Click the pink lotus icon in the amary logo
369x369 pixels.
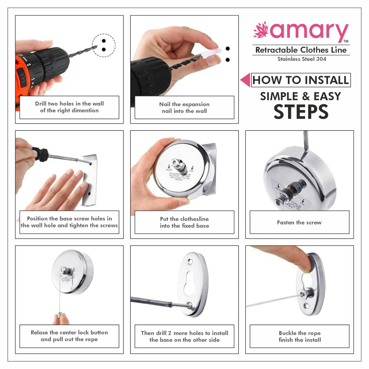[x=261, y=30]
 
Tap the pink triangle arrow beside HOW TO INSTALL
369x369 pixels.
[x=245, y=80]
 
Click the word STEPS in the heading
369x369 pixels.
[x=301, y=112]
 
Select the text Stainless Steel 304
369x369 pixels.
[x=302, y=59]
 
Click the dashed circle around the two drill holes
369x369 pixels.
[x=104, y=45]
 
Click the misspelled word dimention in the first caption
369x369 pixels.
[x=84, y=110]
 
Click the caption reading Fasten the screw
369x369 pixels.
[x=299, y=222]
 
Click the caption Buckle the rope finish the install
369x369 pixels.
[x=300, y=336]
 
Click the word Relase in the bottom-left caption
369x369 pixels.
[x=39, y=332]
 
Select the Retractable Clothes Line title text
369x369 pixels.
[x=301, y=50]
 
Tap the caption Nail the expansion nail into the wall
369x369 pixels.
[x=184, y=108]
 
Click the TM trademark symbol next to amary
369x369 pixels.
[x=346, y=41]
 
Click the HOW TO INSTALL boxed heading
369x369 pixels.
[x=301, y=80]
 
